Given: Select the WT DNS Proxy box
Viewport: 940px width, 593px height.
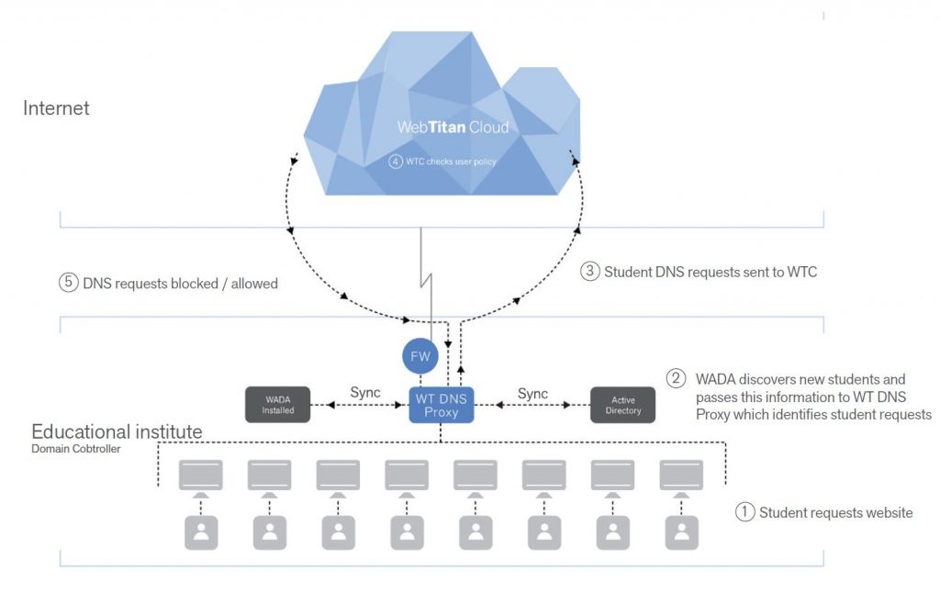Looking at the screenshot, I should click(x=441, y=404).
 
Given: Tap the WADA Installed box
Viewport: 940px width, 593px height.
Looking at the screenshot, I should click(x=278, y=404).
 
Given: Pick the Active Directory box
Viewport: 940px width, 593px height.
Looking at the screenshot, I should click(x=622, y=404).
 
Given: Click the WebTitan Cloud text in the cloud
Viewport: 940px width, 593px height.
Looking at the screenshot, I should click(x=453, y=127).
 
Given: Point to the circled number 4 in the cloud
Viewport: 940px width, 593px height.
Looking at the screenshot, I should click(x=396, y=162).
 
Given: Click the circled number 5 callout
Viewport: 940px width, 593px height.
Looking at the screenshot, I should click(x=67, y=284).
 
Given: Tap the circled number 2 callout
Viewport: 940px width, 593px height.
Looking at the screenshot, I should click(x=676, y=378).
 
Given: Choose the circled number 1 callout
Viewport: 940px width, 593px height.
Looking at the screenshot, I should click(x=744, y=512).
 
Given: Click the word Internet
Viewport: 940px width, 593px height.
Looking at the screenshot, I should click(x=56, y=108).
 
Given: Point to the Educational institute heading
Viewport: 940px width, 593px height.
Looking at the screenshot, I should click(x=117, y=431).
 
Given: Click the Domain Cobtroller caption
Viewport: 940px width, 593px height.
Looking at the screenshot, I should click(x=75, y=450).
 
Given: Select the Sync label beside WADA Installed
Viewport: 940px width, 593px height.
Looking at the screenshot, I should click(x=365, y=393).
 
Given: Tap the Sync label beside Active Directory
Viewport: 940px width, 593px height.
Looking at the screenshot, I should click(x=532, y=393).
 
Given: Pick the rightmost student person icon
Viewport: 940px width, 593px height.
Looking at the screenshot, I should click(x=681, y=532).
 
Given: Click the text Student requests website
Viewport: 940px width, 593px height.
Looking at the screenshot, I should click(x=835, y=512).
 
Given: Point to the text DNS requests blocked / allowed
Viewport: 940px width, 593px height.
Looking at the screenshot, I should click(x=180, y=284).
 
